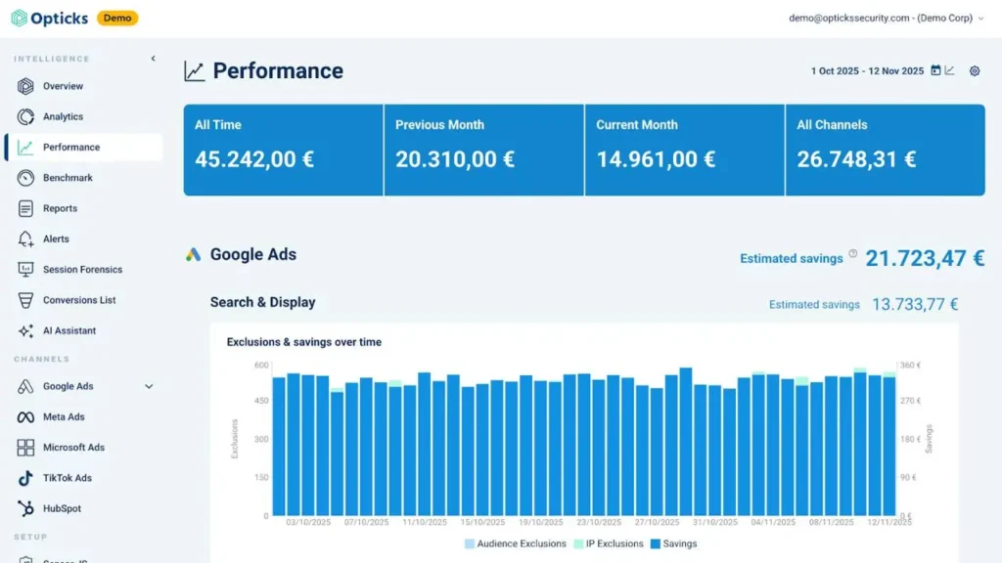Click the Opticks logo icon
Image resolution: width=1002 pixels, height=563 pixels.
coord(20,18)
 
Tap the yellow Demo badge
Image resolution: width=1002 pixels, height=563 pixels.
coord(117,18)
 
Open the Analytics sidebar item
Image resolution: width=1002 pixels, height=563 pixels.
coord(63,117)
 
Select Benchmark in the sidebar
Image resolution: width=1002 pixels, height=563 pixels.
coord(68,178)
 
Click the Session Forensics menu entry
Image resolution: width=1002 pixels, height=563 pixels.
coord(82,270)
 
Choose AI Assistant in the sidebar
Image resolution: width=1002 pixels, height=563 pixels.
coord(69,330)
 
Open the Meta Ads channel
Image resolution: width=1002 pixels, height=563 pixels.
coord(64,416)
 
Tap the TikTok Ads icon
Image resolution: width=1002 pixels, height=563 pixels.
coord(24,478)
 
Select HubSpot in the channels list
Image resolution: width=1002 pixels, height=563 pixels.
coord(62,508)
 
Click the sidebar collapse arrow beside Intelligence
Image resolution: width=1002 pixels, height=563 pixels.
coord(154,59)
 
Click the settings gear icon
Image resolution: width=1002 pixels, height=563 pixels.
coord(975,70)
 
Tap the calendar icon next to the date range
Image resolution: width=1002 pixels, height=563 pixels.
coord(935,70)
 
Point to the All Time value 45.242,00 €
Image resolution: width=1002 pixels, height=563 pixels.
coord(254,159)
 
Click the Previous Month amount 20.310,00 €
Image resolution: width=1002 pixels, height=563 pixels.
coord(455,159)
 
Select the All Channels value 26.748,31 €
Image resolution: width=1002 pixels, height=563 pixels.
coord(856,159)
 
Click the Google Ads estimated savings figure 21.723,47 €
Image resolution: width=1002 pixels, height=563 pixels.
coord(925,258)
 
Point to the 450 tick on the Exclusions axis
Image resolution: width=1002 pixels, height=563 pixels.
coord(261,401)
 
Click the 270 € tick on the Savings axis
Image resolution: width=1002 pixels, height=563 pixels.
coord(911,401)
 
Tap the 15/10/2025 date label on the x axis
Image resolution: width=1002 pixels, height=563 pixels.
coord(482,522)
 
